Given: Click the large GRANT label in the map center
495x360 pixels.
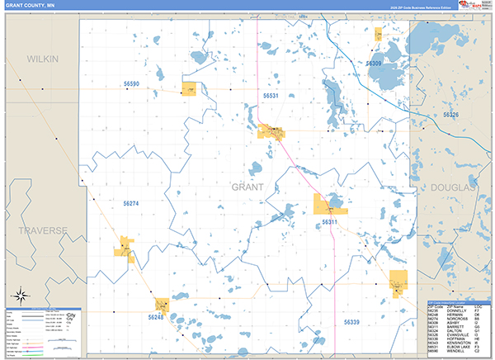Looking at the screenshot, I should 247,187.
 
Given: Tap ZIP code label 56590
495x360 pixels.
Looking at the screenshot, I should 132,84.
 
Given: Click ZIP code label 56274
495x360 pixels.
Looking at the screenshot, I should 132,203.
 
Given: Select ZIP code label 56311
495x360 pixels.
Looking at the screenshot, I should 329,222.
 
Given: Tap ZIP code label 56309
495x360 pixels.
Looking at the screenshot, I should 374,63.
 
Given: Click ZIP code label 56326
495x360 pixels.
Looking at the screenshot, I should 450,115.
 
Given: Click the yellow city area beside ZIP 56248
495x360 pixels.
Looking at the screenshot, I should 162,304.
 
